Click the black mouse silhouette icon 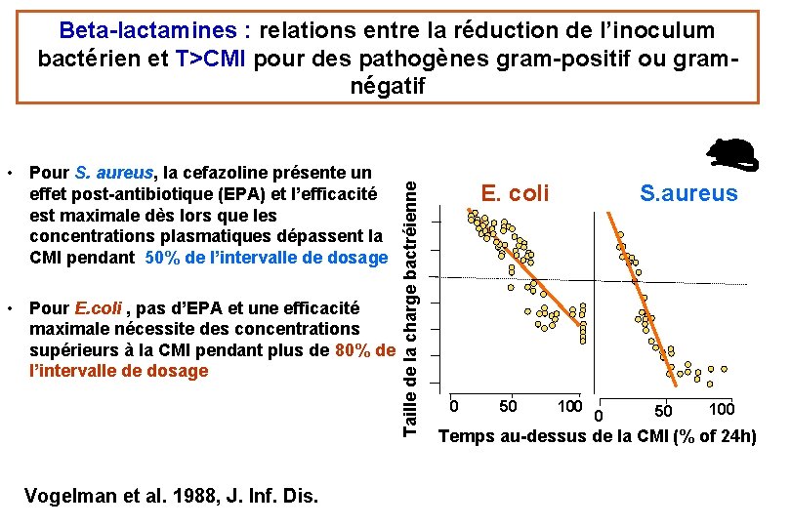pos(732,155)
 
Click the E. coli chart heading pos(515,193)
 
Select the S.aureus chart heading pos(688,193)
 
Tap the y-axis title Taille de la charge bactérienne pos(410,308)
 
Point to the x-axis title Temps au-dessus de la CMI pos(598,436)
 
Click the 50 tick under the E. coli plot pos(508,406)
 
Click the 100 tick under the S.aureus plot pos(722,409)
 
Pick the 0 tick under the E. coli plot pos(453,406)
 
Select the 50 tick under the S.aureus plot pos(663,411)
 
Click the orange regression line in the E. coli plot pos(523,267)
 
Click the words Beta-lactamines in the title pos(147,30)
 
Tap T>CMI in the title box pos(210,59)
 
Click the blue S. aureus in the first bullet pos(114,173)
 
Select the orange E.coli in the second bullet pos(99,307)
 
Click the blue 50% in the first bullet pos(162,258)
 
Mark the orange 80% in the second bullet pos(353,350)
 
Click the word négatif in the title pos(388,86)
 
